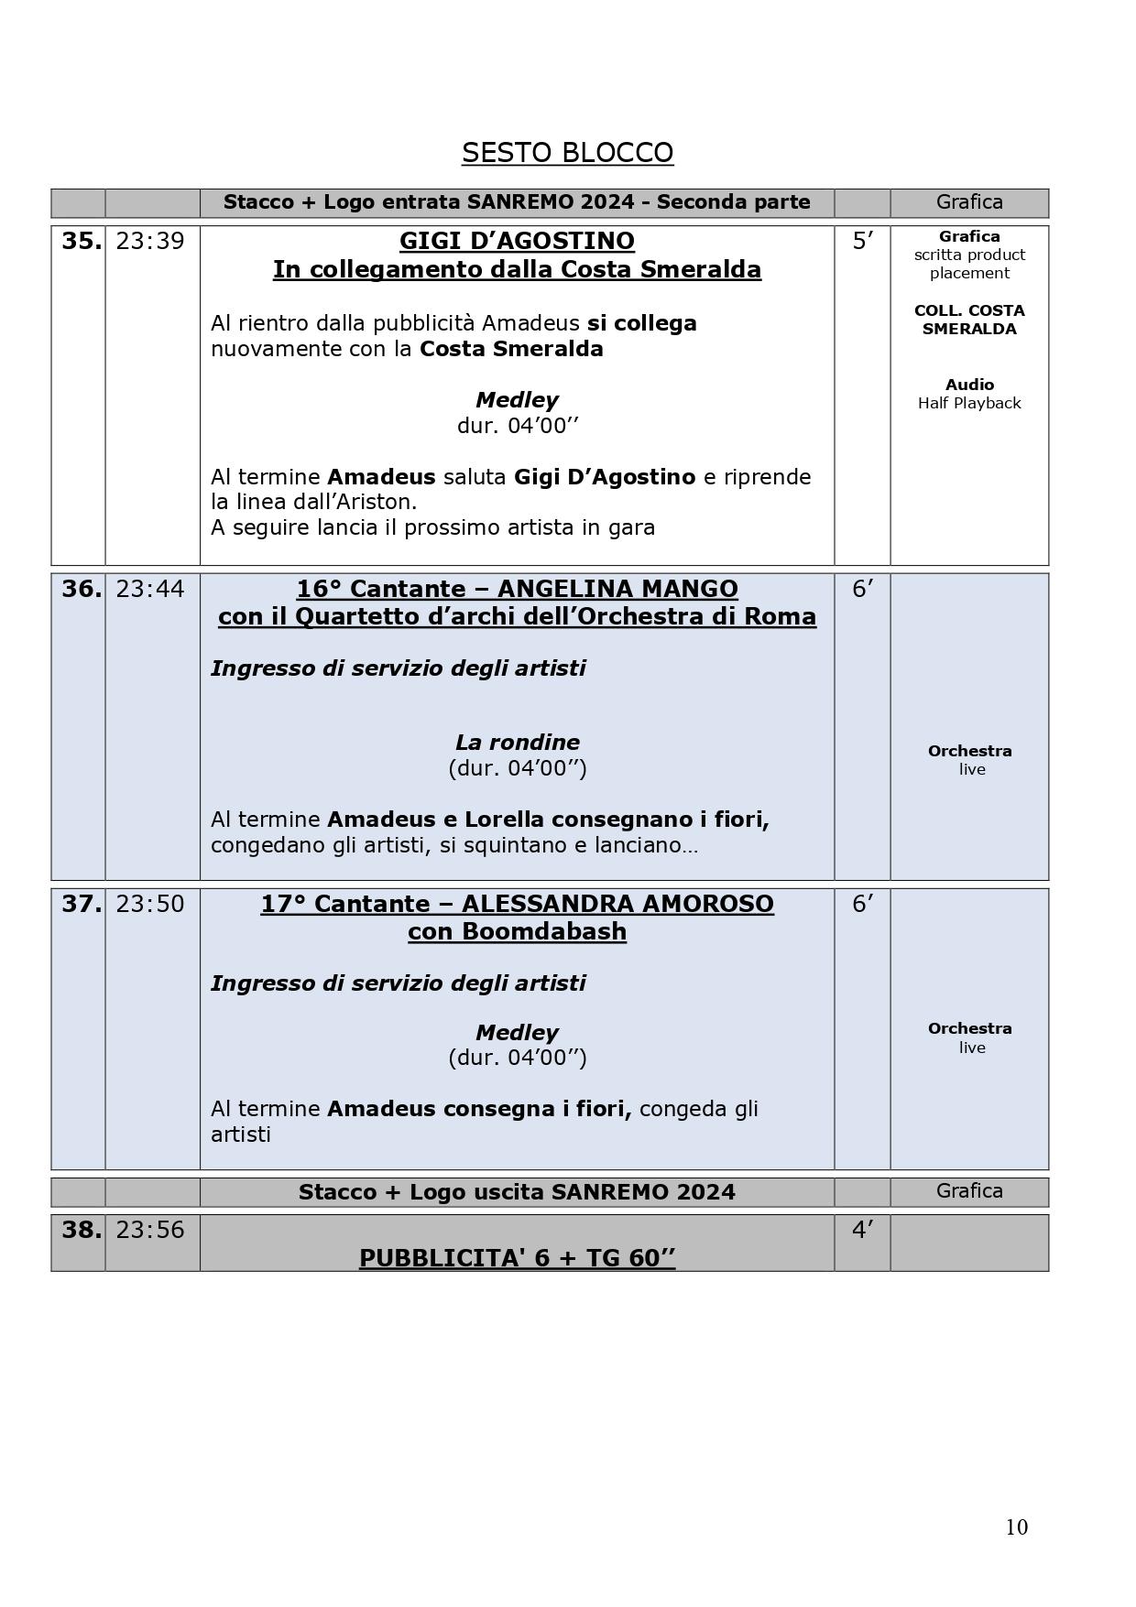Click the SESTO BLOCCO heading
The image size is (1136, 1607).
coord(567,152)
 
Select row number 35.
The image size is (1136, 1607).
coord(81,241)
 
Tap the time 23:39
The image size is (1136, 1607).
coord(150,241)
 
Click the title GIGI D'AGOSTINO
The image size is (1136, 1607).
coord(517,241)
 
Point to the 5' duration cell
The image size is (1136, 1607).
coord(862,241)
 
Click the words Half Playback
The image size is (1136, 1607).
coord(969,403)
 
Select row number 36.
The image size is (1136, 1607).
coord(81,589)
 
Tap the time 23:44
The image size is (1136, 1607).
coord(150,589)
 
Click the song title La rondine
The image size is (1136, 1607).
coord(517,742)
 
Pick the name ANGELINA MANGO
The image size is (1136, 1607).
coord(618,589)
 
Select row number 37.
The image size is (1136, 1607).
coord(81,904)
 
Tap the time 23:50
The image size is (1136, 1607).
coord(150,904)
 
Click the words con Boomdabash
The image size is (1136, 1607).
coord(517,931)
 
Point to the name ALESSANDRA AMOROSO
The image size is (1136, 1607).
coord(617,904)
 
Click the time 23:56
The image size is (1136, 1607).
coord(150,1230)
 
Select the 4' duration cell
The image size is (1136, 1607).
coord(862,1230)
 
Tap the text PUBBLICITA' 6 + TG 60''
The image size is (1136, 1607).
coord(517,1258)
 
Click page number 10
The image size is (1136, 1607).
coord(1016,1526)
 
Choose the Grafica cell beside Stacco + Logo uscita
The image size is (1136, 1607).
coord(969,1190)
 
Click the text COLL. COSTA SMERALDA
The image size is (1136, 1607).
coord(969,320)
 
